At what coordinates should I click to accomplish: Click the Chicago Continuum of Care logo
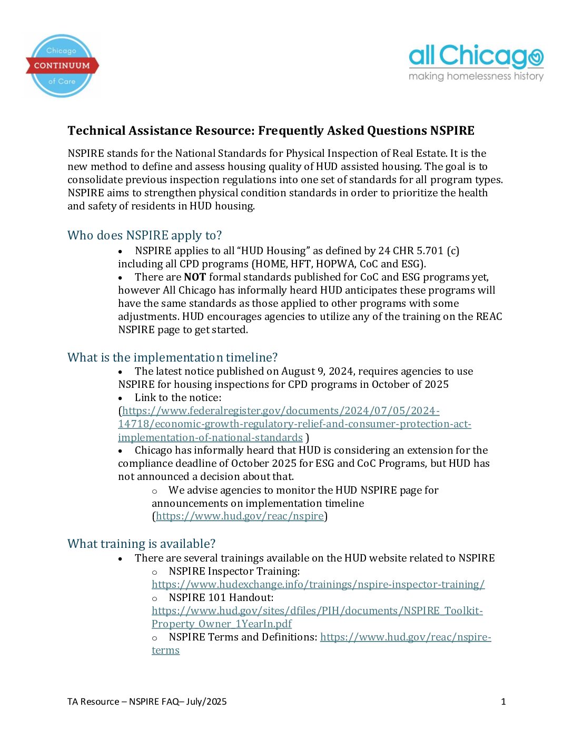coord(62,66)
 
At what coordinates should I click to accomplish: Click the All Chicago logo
coord(476,57)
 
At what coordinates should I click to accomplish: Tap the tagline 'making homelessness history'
coord(476,76)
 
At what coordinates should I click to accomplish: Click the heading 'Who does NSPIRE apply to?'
coord(144,235)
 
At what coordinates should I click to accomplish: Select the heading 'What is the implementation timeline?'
coord(172,357)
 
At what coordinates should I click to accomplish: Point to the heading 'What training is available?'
coord(141,544)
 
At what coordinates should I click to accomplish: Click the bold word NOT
coord(194,277)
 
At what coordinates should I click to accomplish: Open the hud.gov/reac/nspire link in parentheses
coord(240,516)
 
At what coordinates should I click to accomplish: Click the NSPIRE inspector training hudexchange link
coord(318,584)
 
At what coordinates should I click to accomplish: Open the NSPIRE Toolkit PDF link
coord(317,611)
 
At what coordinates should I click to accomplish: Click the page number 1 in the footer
coord(503,702)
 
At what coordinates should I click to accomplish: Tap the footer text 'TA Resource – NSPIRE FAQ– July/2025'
coord(147,702)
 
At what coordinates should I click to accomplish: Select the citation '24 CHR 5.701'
coord(411,251)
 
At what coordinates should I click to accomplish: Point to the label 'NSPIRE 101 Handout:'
coord(221,597)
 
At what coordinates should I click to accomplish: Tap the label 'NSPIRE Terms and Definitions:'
coord(243,637)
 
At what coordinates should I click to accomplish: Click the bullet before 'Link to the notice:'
coord(121,398)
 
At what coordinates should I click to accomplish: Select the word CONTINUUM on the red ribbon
coord(62,66)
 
